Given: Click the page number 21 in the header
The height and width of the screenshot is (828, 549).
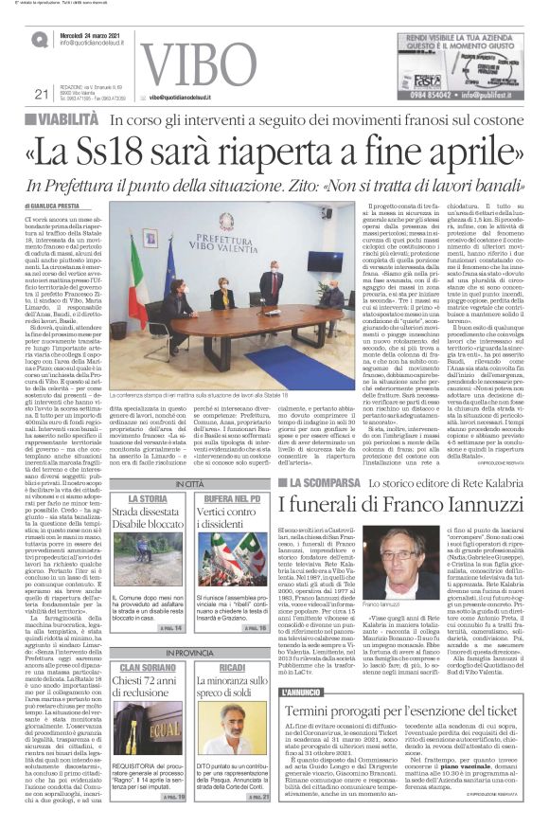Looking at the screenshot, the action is [x=40, y=93].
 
